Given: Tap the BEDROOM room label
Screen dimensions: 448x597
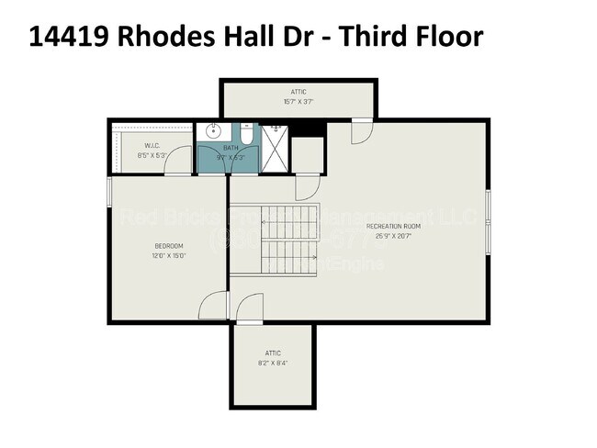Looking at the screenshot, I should (168, 245).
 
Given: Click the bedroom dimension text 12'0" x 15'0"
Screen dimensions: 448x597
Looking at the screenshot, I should (168, 256).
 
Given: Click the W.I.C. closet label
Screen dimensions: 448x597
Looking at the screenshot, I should (152, 145).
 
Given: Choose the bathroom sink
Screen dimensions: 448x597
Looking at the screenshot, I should (213, 130).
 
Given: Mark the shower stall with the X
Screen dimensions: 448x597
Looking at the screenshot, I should (275, 147).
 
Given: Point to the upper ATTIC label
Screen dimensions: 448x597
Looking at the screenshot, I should (297, 92).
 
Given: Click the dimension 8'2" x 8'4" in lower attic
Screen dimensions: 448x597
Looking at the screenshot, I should (273, 364).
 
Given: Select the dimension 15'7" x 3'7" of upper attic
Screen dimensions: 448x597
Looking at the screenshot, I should (297, 102).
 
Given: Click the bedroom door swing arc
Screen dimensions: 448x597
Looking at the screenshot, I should (213, 304).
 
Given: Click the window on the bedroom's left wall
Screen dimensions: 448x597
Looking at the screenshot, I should (110, 192).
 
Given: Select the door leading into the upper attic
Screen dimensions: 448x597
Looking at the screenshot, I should (362, 130).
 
